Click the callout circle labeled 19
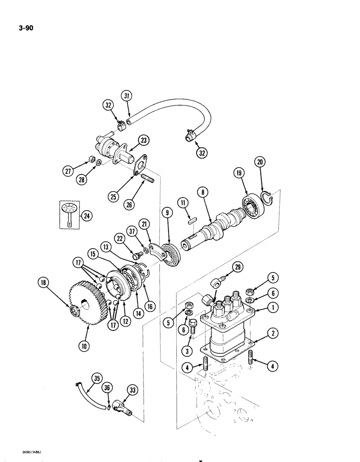point(239,174)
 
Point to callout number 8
point(201,191)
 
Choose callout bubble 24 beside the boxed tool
point(85,215)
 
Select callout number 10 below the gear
point(88,344)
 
